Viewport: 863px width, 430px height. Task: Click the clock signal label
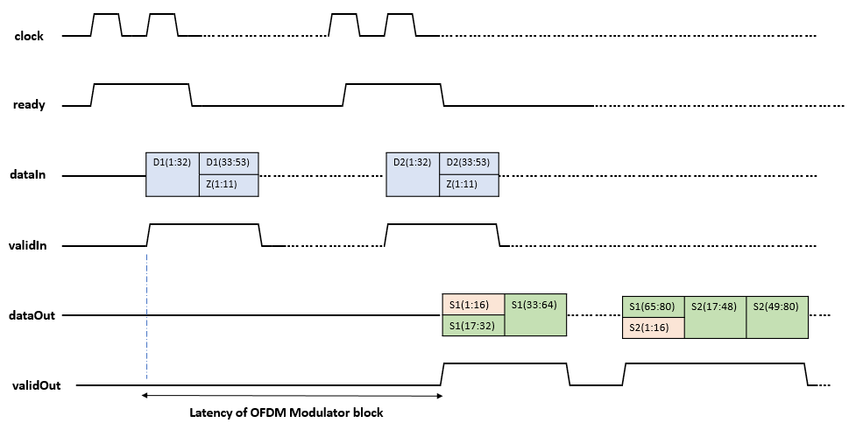tap(29, 36)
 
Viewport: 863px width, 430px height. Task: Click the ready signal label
tap(29, 105)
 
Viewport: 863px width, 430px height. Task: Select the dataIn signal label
tap(30, 175)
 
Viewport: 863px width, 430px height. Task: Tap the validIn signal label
tap(30, 246)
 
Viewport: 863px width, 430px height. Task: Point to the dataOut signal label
tap(32, 314)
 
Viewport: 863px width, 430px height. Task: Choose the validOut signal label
tap(36, 384)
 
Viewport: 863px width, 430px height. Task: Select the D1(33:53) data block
tap(230, 163)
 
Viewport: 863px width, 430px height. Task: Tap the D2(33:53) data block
tap(470, 163)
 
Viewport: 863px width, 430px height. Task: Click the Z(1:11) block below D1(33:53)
tap(230, 186)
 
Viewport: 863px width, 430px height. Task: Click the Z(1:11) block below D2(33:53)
tap(470, 186)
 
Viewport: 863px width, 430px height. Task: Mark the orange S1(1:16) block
tap(473, 304)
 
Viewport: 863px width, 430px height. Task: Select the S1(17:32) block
tap(473, 326)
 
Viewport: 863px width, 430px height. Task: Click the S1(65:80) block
tap(653, 306)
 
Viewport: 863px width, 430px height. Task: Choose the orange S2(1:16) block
tap(653, 328)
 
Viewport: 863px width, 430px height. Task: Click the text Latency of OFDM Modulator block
tap(286, 412)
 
